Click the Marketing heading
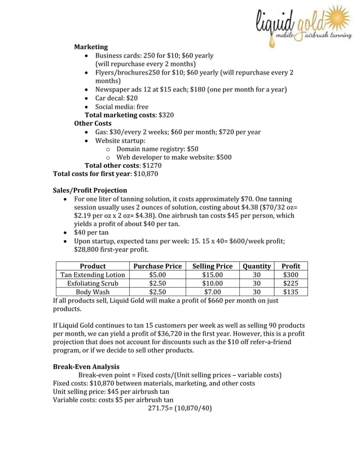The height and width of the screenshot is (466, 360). click(x=91, y=47)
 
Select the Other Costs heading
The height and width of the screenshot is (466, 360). click(x=93, y=123)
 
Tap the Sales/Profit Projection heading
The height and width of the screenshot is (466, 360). click(x=90, y=190)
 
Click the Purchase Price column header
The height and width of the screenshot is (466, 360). click(x=157, y=266)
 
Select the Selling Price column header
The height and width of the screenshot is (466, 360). click(x=212, y=266)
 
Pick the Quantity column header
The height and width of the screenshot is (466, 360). click(x=257, y=266)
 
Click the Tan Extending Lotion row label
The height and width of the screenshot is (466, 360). click(x=93, y=275)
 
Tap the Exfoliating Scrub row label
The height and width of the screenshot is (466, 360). click(x=93, y=284)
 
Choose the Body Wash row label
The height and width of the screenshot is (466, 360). click(x=93, y=292)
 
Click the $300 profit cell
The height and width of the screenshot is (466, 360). click(x=291, y=275)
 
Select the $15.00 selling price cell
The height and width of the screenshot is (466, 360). click(x=212, y=275)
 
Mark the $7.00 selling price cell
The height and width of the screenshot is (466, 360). click(x=212, y=292)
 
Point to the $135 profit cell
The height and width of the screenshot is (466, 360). click(x=291, y=292)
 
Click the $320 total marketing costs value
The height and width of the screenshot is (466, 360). click(x=166, y=115)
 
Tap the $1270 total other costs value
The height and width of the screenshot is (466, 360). click(x=152, y=166)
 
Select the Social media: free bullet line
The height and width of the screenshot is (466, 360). click(x=122, y=106)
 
